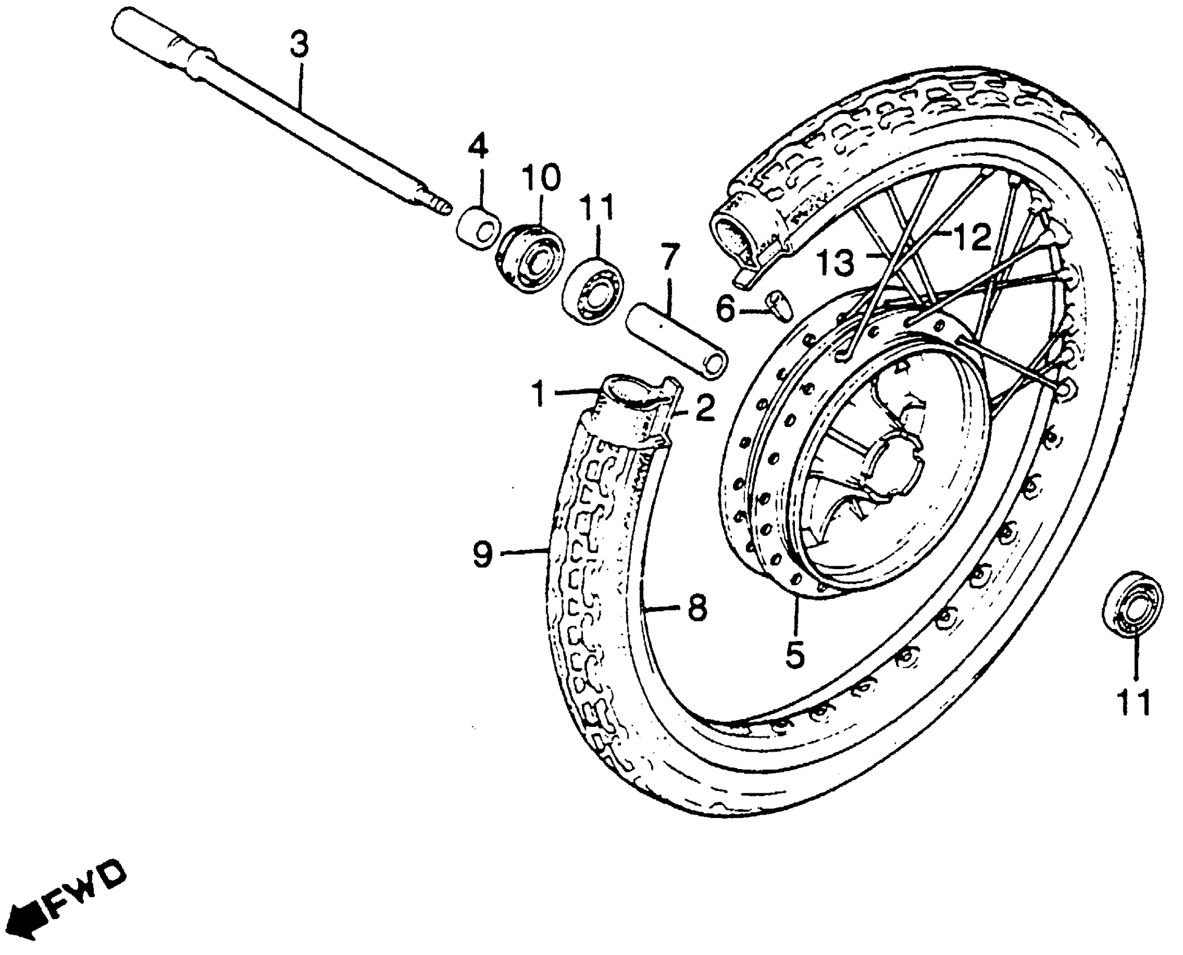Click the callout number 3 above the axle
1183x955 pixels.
(x=299, y=45)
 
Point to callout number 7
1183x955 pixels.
(x=670, y=258)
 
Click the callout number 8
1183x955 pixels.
(x=697, y=608)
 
